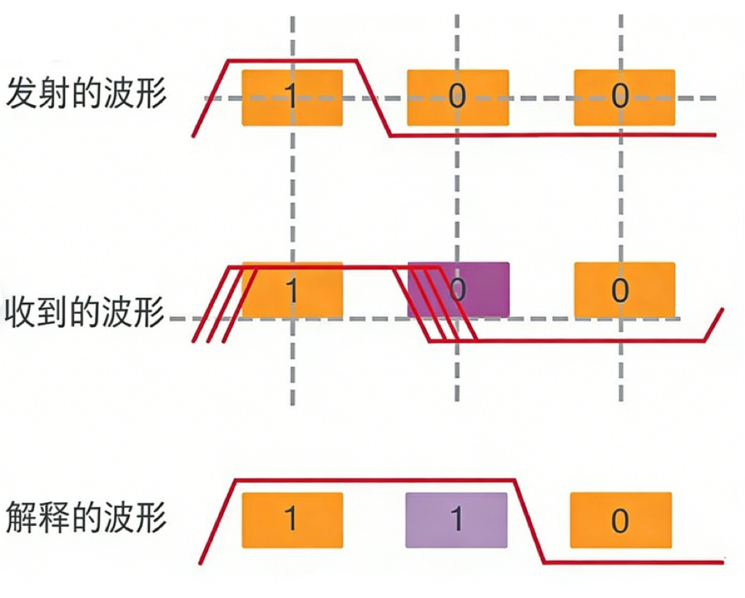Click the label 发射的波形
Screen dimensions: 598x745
(87, 95)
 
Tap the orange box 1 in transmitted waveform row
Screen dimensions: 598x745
(292, 97)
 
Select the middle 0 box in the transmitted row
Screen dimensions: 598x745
(457, 97)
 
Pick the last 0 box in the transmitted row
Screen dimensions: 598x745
(624, 97)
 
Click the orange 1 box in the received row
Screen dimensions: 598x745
(292, 291)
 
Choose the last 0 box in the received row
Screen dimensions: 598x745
(624, 291)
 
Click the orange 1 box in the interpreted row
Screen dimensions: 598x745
(292, 520)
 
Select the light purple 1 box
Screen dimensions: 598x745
(456, 520)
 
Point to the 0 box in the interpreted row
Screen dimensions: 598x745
(620, 520)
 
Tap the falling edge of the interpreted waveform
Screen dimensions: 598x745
(530, 520)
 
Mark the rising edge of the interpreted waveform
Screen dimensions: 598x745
(218, 520)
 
